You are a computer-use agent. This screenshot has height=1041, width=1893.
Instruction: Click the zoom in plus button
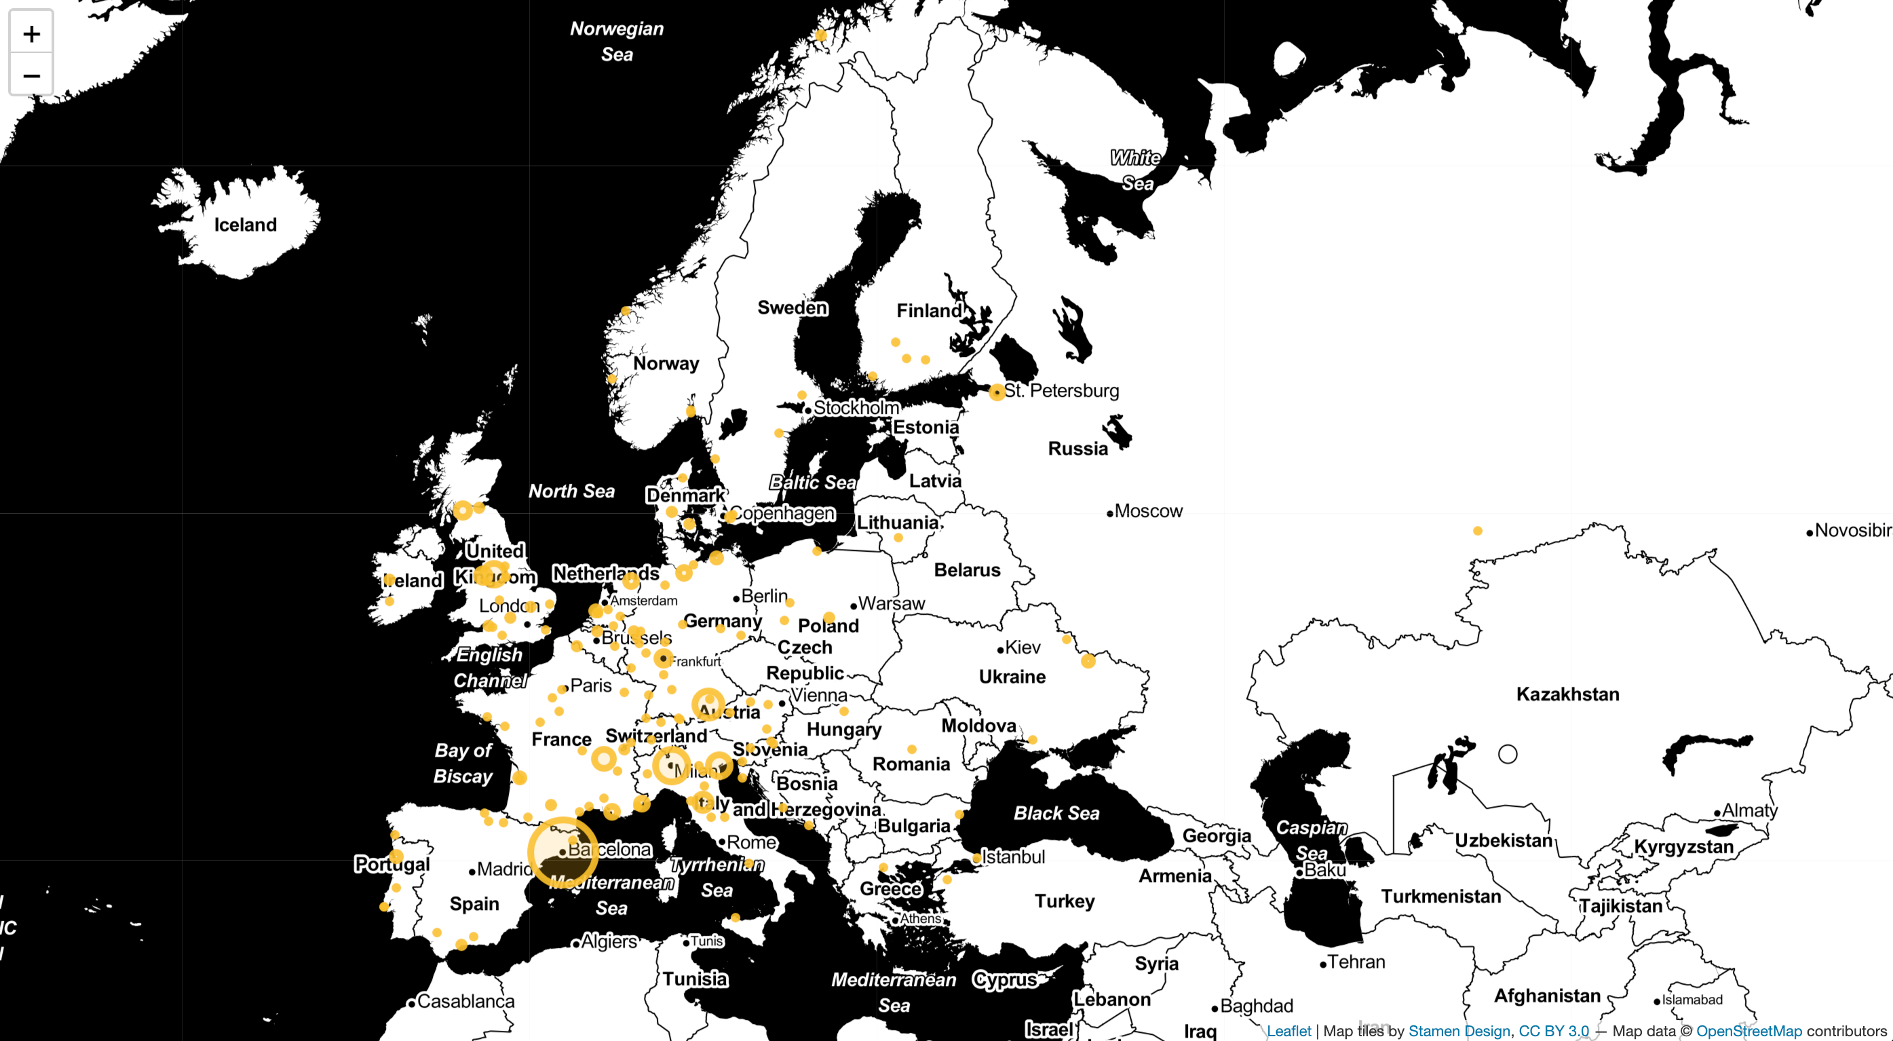pos(31,34)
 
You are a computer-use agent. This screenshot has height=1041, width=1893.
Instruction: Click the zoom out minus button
pos(31,75)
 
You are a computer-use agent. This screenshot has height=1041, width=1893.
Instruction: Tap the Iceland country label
pos(246,225)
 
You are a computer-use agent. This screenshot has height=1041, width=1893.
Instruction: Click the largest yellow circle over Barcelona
pos(563,851)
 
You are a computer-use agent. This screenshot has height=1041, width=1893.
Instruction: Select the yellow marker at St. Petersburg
pos(997,392)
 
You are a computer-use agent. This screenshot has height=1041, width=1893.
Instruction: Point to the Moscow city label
pos(1148,511)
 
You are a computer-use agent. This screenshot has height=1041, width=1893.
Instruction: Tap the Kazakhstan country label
pos(1567,694)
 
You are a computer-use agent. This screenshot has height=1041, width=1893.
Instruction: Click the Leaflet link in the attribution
pos(1288,1031)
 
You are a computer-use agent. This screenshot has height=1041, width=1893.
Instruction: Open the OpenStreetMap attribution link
pos(1748,1031)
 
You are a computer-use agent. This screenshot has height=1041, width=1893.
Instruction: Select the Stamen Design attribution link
pos(1459,1031)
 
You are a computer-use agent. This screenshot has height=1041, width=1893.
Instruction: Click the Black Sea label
pos(1056,813)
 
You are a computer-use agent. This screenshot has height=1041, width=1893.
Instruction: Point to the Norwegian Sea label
pos(617,41)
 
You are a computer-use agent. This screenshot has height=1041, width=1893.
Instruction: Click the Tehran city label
pos(1356,962)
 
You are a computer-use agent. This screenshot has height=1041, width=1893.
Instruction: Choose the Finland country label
pos(929,310)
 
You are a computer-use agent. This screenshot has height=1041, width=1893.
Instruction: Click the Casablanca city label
pos(465,1002)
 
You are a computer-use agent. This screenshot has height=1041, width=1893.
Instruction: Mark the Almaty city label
pos(1749,810)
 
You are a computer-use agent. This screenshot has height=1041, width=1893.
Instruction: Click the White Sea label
pos(1136,170)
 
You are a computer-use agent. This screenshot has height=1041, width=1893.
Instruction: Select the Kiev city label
pos(1022,647)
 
